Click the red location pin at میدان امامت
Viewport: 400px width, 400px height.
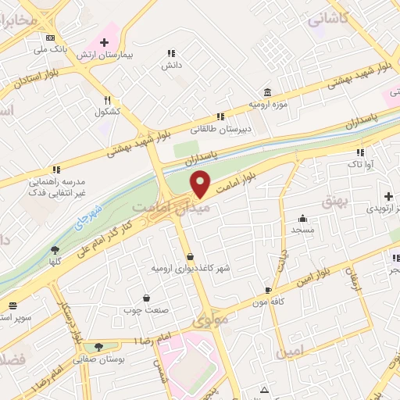[x=201, y=184]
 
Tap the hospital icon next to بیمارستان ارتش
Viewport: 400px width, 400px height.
[x=104, y=41]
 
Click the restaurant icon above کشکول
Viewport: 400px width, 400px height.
[x=107, y=100]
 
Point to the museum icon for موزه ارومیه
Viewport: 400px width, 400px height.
[x=268, y=91]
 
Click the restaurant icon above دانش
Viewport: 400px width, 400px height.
[x=170, y=54]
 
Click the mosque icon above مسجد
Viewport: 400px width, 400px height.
[x=302, y=219]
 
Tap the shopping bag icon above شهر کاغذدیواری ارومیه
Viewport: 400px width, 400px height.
[x=191, y=256]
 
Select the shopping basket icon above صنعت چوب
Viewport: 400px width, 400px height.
[x=146, y=298]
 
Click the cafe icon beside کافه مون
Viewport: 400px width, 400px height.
[x=268, y=290]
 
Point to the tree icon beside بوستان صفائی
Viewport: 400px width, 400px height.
[x=98, y=347]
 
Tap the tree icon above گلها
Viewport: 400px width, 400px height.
[x=55, y=250]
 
